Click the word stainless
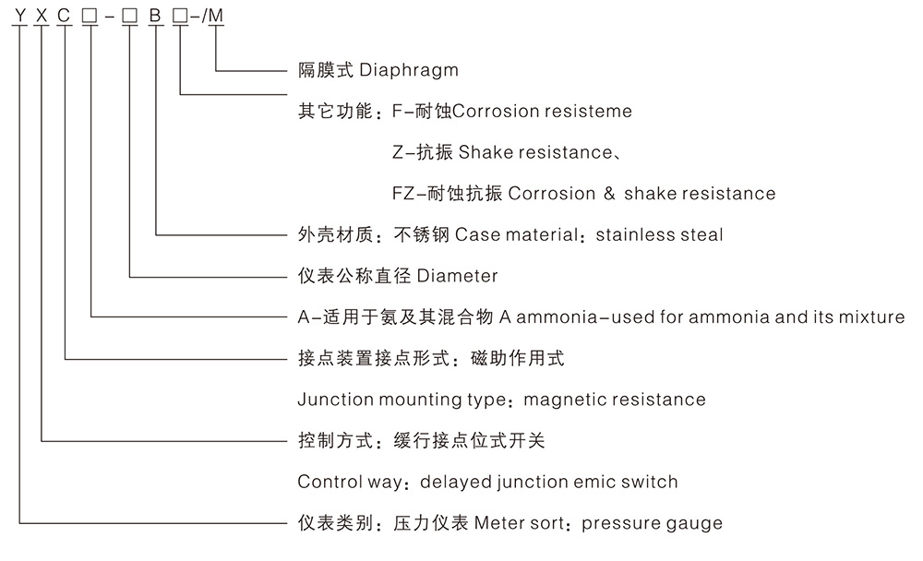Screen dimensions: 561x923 [637, 235]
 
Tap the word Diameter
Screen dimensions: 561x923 [458, 276]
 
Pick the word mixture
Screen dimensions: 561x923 [872, 317]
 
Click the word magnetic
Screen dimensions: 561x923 [567, 400]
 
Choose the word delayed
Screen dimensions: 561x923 [453, 482]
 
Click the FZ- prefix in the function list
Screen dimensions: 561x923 [407, 194]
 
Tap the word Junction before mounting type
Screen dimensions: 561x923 [336, 400]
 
